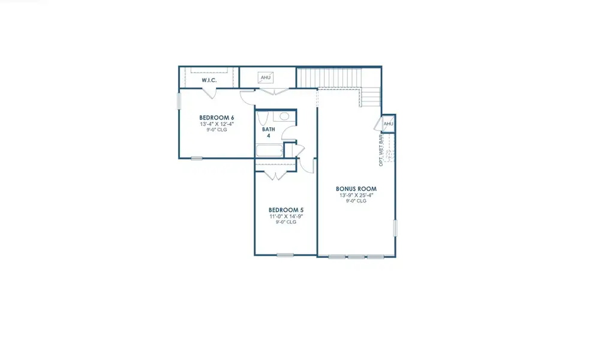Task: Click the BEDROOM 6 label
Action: pos(217,117)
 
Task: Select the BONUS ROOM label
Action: pos(356,189)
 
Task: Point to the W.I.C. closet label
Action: pos(209,80)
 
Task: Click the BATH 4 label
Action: pos(268,132)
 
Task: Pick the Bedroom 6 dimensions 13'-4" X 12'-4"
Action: pos(217,124)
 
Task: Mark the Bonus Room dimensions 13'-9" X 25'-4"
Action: pos(356,195)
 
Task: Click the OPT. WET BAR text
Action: pos(381,150)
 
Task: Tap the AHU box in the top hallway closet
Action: pos(265,77)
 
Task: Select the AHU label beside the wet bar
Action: pos(388,124)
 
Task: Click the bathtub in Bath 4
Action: pos(269,151)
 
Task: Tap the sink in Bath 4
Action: pos(284,116)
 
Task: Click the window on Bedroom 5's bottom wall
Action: pos(285,255)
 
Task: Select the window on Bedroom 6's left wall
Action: pos(179,101)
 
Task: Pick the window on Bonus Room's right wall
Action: pos(395,229)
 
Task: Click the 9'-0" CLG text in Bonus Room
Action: pos(356,201)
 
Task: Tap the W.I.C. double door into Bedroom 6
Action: pos(209,92)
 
